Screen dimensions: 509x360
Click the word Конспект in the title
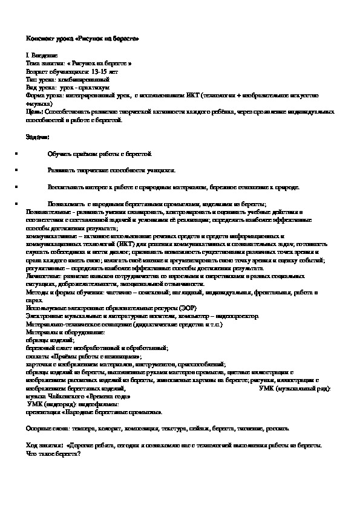point(38,39)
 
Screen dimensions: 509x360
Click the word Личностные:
point(44,276)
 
